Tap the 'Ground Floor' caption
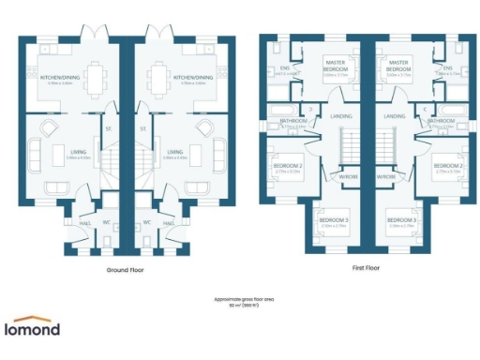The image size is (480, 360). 124,267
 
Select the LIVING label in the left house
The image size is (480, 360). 69,152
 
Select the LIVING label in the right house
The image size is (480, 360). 174,152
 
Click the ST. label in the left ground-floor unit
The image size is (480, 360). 109,129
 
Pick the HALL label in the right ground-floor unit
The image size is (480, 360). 169,223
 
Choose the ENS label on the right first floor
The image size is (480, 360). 448,68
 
